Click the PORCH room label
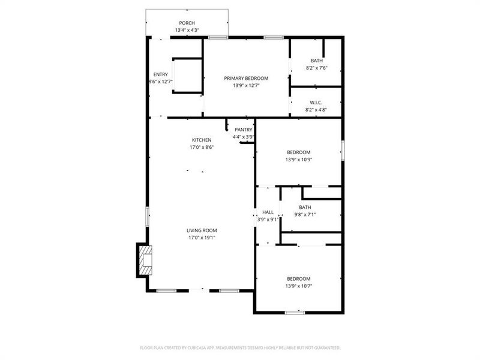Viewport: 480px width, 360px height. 187,23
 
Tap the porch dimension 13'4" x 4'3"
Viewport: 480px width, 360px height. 187,30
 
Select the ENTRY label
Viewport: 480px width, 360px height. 160,74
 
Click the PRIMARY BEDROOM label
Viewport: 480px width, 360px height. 246,78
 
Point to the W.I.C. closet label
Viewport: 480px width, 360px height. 316,103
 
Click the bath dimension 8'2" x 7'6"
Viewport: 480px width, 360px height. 316,68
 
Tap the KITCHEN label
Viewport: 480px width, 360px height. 202,140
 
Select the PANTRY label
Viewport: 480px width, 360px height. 243,130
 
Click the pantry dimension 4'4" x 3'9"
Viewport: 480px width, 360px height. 243,137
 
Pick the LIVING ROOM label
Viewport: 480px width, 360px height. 202,230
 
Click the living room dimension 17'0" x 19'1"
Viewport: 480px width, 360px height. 202,238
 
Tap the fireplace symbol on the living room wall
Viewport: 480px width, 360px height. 145,259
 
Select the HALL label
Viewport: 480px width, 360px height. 268,212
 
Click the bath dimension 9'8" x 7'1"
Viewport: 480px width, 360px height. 305,215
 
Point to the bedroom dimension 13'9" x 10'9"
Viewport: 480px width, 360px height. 298,160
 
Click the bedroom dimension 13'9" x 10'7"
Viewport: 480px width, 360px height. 298,286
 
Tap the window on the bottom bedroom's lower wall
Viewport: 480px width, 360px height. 295,312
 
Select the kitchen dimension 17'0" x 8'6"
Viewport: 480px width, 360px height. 202,147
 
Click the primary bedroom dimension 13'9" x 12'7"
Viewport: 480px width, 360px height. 246,85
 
